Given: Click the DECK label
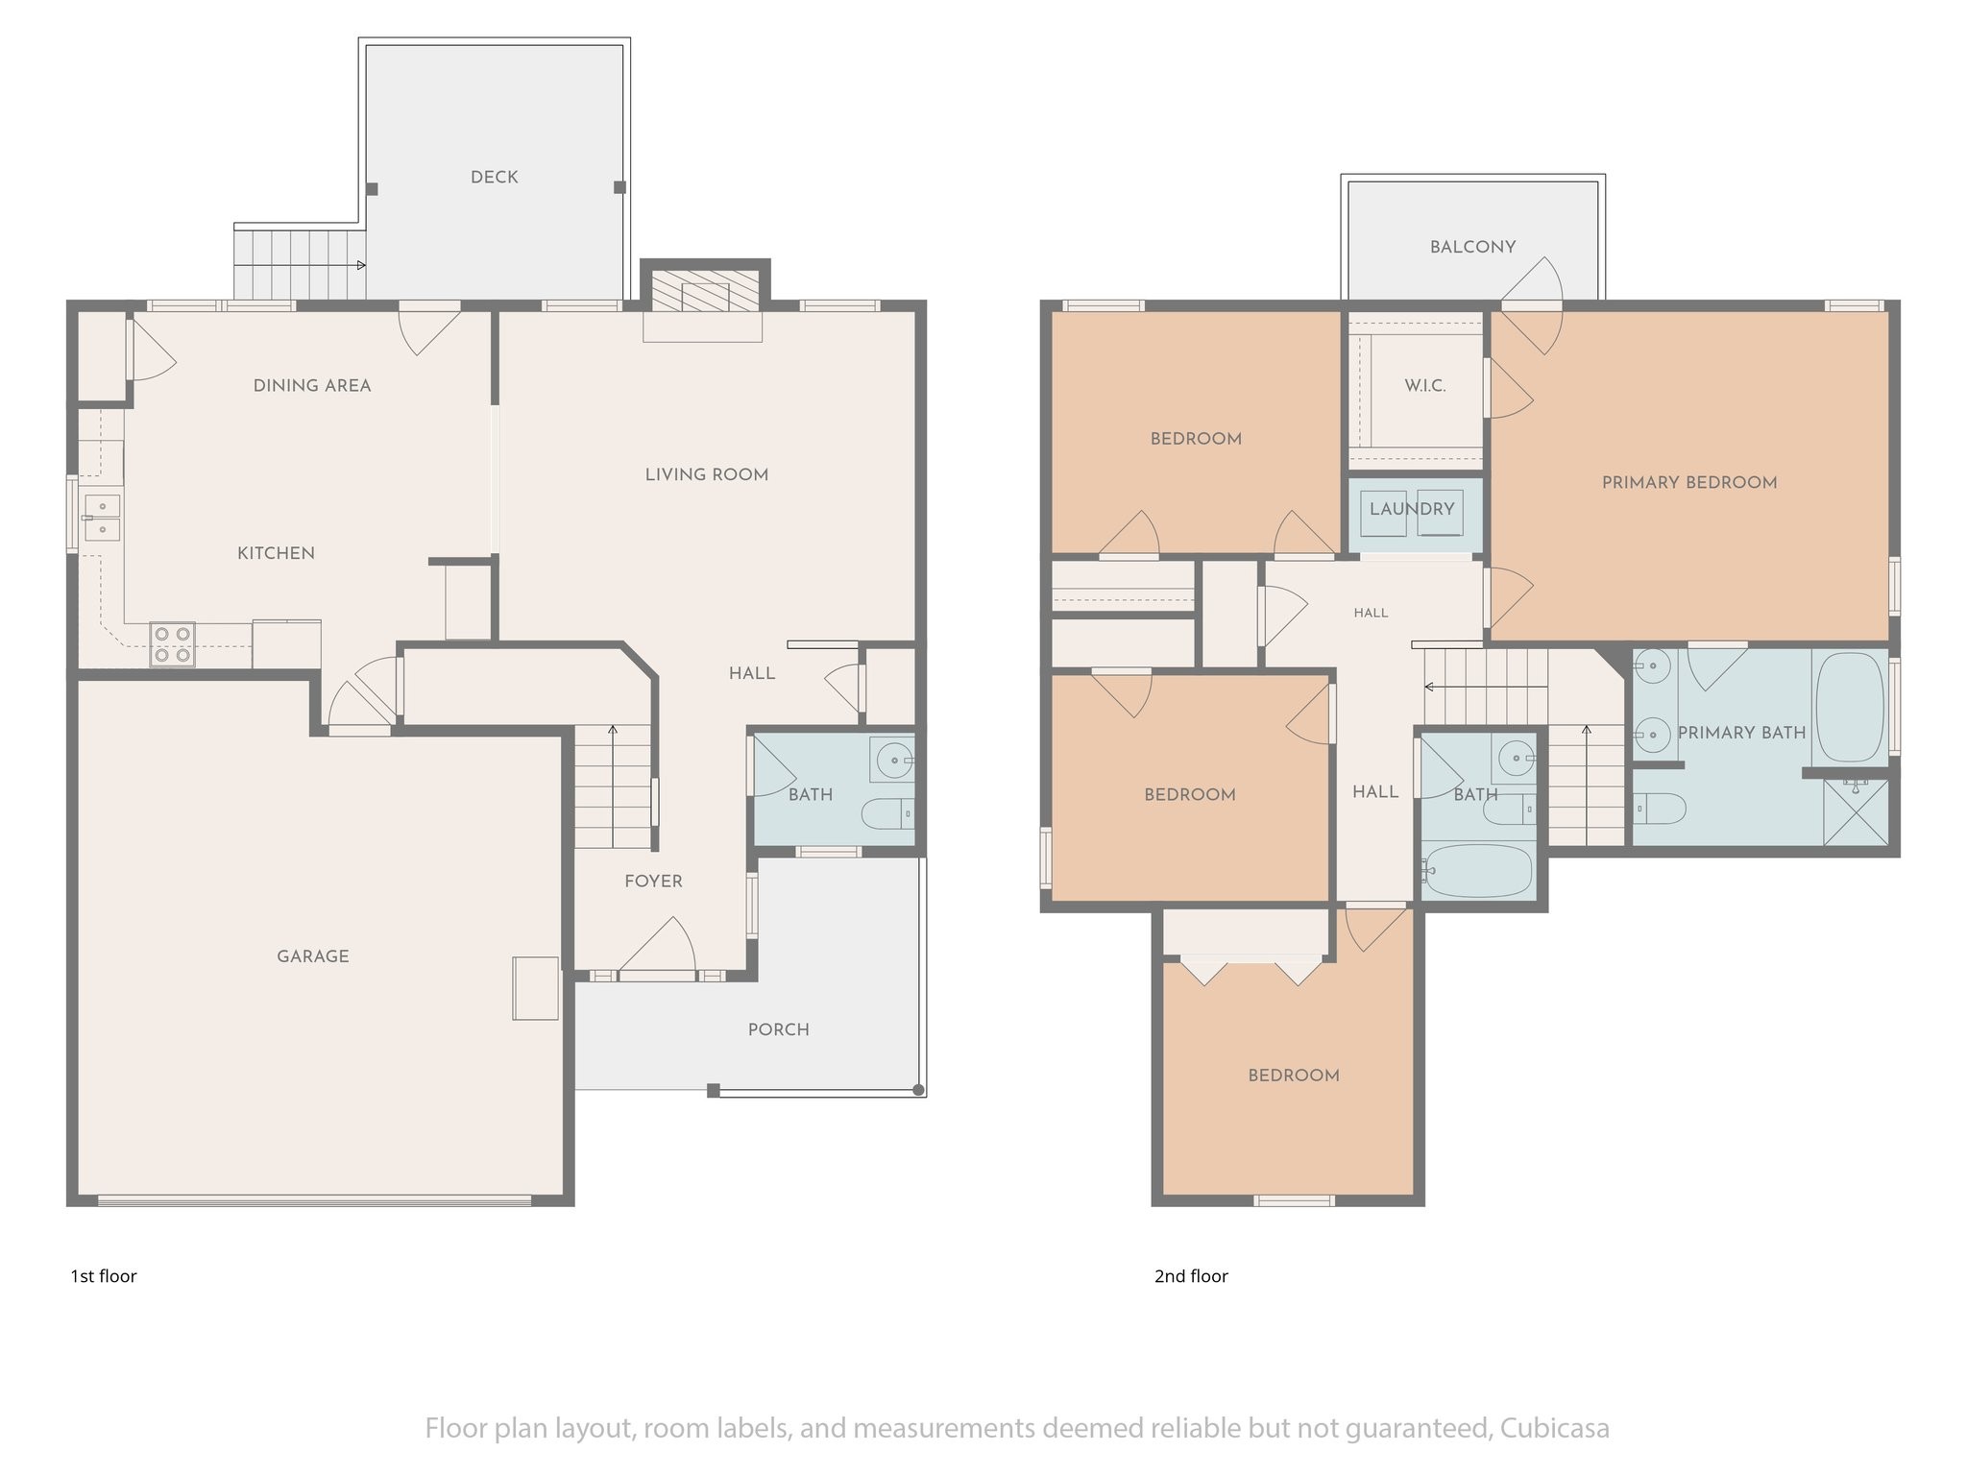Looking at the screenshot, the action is tap(494, 177).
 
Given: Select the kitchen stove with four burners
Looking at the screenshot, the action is tap(172, 644).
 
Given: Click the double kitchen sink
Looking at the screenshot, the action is tap(102, 517).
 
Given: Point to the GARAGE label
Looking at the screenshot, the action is tap(313, 955).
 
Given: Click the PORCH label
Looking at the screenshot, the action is tap(778, 1029).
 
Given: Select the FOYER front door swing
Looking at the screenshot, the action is tap(657, 947).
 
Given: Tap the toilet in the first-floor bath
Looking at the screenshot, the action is tap(888, 814).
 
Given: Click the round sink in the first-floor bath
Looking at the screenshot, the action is tap(893, 760).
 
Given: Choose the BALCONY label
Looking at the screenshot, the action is tap(1472, 247).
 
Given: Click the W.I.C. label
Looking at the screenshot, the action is tap(1424, 385).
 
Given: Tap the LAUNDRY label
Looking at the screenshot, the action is tap(1412, 509).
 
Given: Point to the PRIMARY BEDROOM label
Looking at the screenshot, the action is tap(1689, 483).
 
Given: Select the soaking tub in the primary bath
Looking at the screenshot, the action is tap(1849, 707).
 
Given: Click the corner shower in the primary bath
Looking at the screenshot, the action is tap(1856, 812).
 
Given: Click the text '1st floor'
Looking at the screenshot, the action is tap(104, 1276).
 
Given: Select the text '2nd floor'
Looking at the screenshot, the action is tap(1191, 1276).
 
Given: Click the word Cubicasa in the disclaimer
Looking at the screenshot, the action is tap(1552, 1429).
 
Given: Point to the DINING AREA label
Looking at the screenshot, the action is tap(312, 386).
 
